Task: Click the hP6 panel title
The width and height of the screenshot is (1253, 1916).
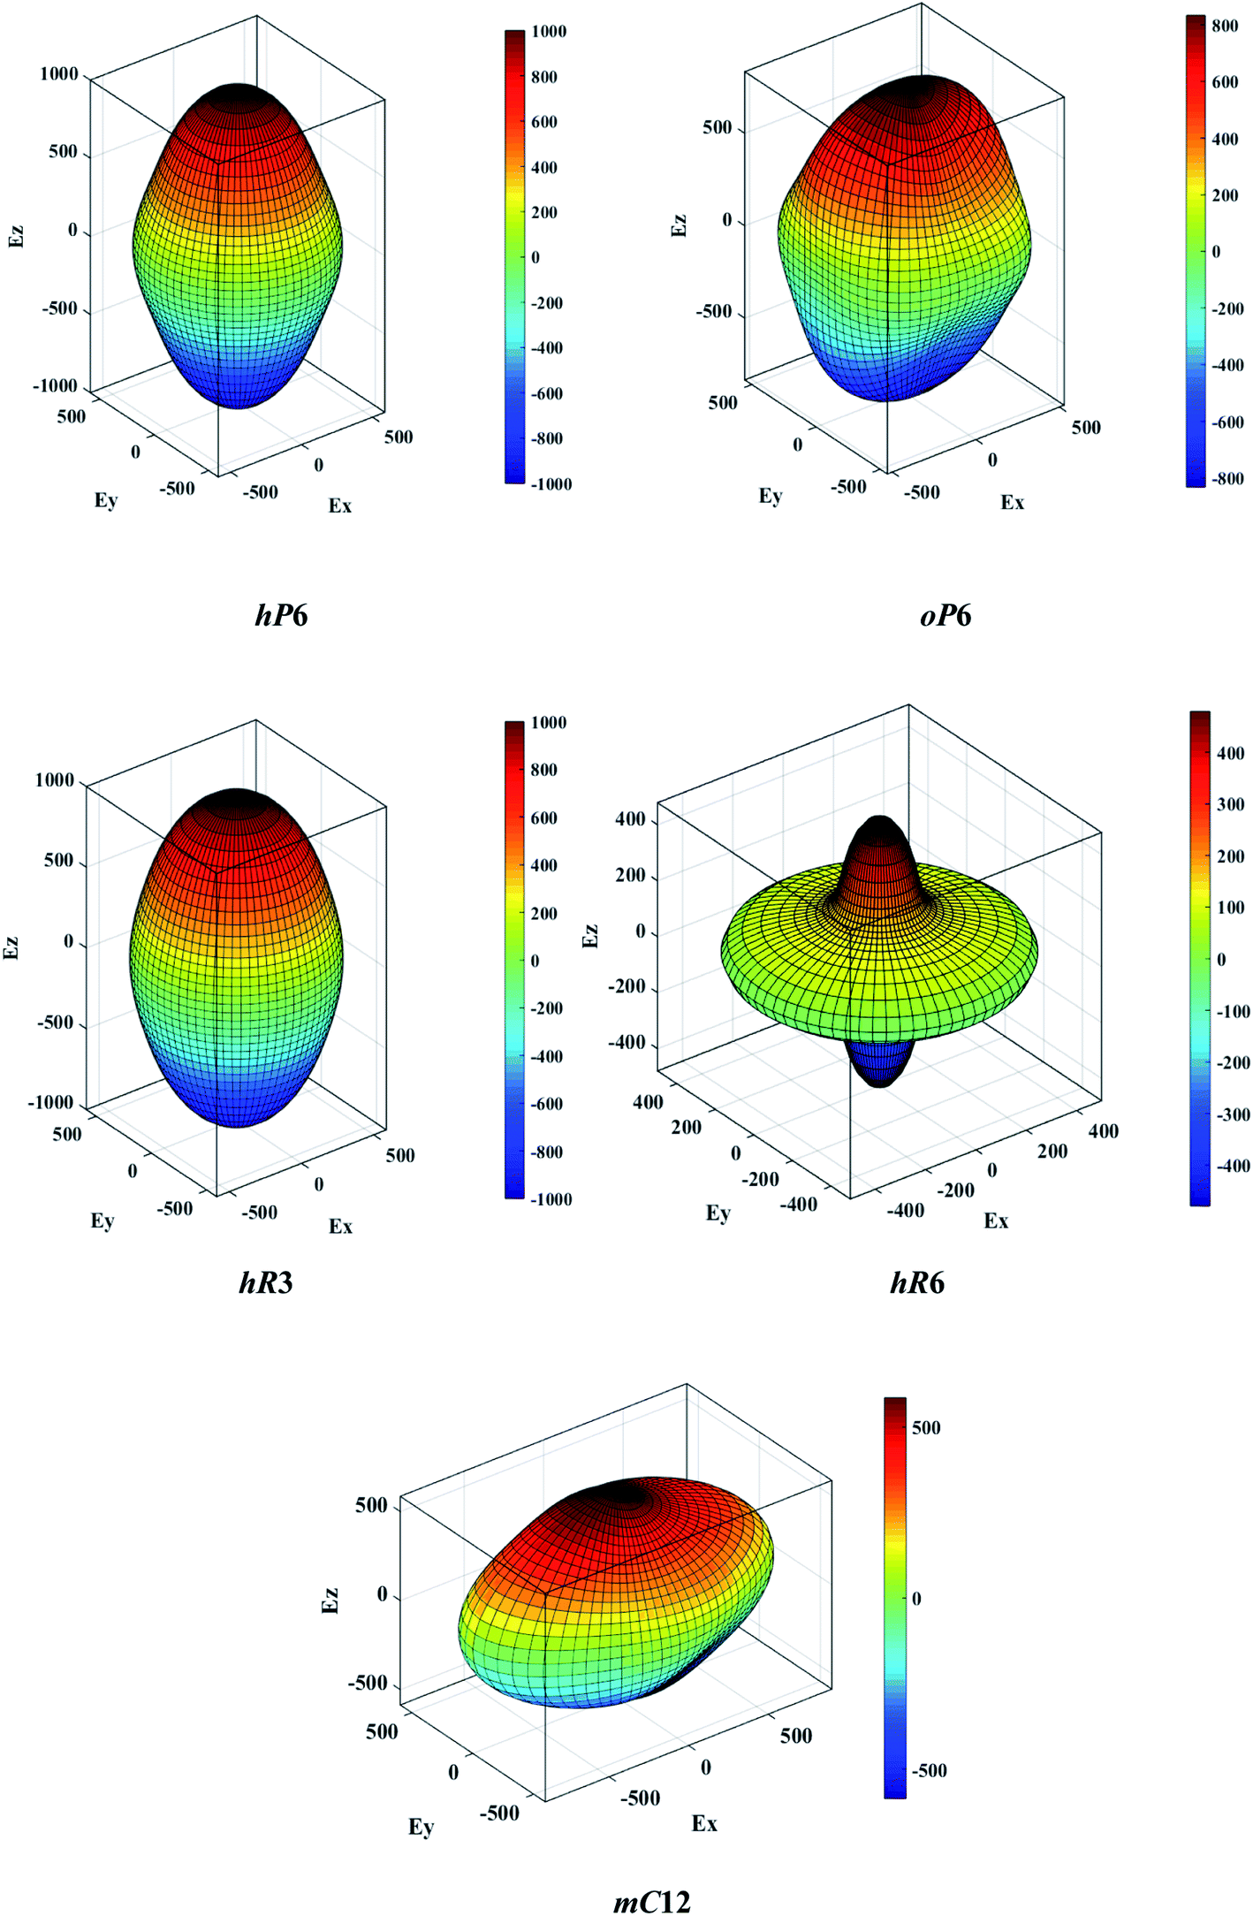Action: point(281,614)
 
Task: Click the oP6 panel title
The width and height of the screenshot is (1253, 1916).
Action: point(945,614)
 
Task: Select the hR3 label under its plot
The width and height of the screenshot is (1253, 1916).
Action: point(265,1281)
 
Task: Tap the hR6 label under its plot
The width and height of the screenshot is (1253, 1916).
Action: point(916,1281)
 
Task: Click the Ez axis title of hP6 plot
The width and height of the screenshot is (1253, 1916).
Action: point(16,236)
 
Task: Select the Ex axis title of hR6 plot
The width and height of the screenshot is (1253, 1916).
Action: point(996,1220)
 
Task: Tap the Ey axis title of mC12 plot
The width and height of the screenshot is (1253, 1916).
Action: point(421,1826)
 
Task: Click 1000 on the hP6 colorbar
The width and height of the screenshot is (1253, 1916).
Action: point(548,32)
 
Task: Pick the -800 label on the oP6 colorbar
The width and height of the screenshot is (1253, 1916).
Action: point(1226,479)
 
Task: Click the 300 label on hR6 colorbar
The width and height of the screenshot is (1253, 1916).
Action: point(1230,804)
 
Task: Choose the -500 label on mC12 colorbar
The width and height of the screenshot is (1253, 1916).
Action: point(929,1770)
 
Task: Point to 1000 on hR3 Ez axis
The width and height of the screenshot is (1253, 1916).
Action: point(54,780)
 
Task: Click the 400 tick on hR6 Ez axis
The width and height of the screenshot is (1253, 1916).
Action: point(630,819)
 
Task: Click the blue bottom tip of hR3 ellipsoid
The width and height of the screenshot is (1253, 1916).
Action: point(237,1121)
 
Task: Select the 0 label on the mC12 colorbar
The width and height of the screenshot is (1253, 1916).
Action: point(916,1598)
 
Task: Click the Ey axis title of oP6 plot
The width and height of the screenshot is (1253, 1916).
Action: point(771,496)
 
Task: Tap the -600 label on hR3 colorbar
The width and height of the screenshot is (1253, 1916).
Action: point(546,1104)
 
